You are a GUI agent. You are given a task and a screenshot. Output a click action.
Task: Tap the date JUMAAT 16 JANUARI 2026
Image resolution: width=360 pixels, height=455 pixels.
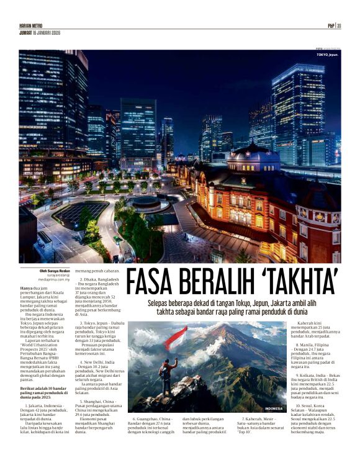pyautogui.click(x=38, y=32)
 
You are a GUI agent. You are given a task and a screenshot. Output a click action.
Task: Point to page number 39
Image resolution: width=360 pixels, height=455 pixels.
pyautogui.click(x=340, y=25)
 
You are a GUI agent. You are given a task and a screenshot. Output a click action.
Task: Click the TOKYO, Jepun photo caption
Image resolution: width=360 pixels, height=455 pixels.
pyautogui.click(x=328, y=56)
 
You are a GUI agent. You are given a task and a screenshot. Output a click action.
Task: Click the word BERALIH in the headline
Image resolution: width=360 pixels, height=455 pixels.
pyautogui.click(x=219, y=283)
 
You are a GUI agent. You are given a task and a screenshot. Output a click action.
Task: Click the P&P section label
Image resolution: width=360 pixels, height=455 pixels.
pyautogui.click(x=331, y=25)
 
